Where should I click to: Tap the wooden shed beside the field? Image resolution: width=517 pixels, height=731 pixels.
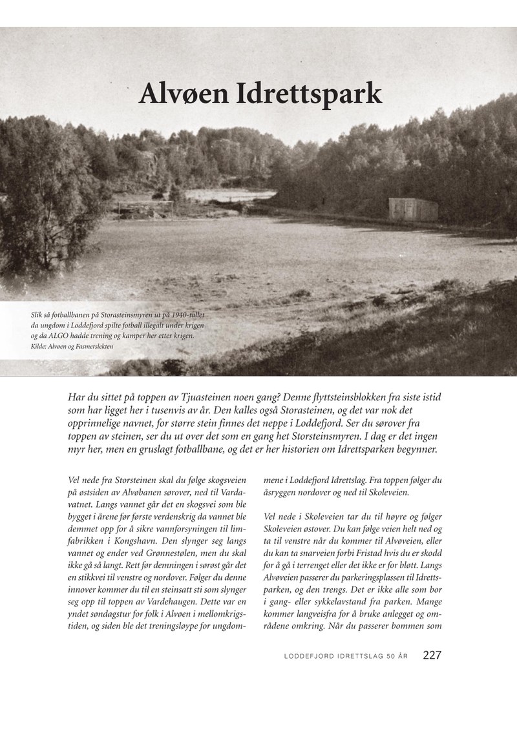click(413, 209)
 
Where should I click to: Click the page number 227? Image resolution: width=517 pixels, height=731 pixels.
click(432, 655)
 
